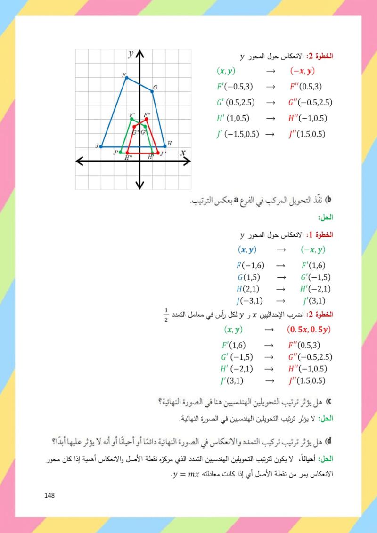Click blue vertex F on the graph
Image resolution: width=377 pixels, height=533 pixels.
(x=126, y=77)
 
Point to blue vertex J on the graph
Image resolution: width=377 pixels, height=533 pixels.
(x=101, y=146)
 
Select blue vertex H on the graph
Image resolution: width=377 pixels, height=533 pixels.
(x=165, y=146)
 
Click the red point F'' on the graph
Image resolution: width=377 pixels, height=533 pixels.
(x=147, y=119)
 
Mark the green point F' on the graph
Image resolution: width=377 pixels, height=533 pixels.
(x=131, y=118)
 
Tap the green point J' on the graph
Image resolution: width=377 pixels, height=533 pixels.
(x=121, y=152)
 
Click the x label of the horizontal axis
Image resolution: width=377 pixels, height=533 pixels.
(x=182, y=153)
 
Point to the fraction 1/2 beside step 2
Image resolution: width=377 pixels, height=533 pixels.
(x=166, y=313)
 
